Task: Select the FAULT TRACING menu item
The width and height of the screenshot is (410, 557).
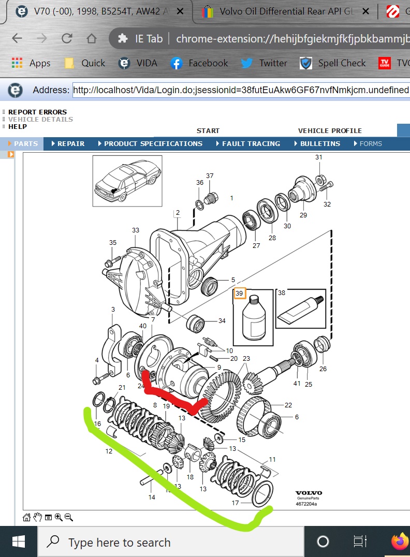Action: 251,144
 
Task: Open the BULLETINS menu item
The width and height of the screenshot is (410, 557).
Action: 319,144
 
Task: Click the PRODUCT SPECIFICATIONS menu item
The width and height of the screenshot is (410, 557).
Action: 153,144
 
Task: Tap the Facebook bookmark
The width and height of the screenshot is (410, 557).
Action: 199,63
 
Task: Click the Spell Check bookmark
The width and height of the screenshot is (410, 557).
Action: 333,63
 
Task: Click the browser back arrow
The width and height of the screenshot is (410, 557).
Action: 17,38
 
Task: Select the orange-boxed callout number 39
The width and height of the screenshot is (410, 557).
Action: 239,294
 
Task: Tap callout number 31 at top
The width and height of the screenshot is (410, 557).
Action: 318,157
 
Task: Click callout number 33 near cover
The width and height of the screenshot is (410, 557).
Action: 136,230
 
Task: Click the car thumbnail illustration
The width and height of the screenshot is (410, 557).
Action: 127,181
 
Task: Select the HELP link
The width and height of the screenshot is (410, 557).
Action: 18,127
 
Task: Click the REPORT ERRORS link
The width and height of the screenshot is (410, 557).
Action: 37,112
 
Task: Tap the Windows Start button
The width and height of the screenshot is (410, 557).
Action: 19,542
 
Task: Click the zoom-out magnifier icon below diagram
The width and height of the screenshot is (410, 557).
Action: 69,517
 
